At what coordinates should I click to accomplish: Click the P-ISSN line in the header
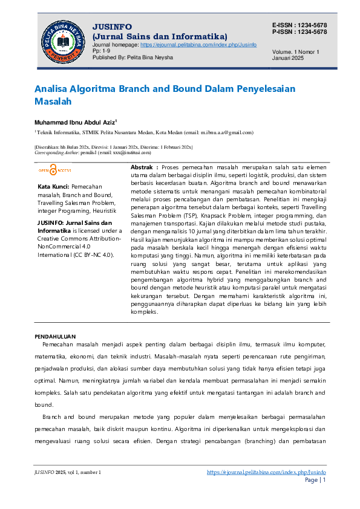tap(299, 32)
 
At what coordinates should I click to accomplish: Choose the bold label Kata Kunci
tap(53, 187)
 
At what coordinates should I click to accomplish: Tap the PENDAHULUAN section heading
tap(55, 336)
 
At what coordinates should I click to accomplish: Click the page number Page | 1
tap(315, 480)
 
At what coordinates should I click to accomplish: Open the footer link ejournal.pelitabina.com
tap(266, 472)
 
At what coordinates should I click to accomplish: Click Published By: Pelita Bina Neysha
tap(133, 57)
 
